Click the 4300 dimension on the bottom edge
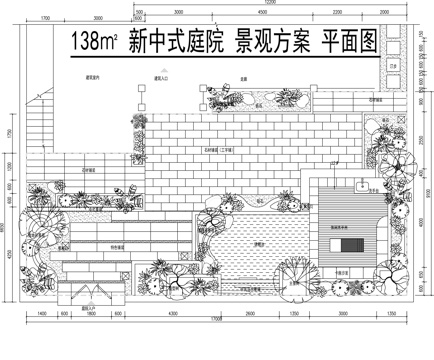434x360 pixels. coord(171,313)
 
